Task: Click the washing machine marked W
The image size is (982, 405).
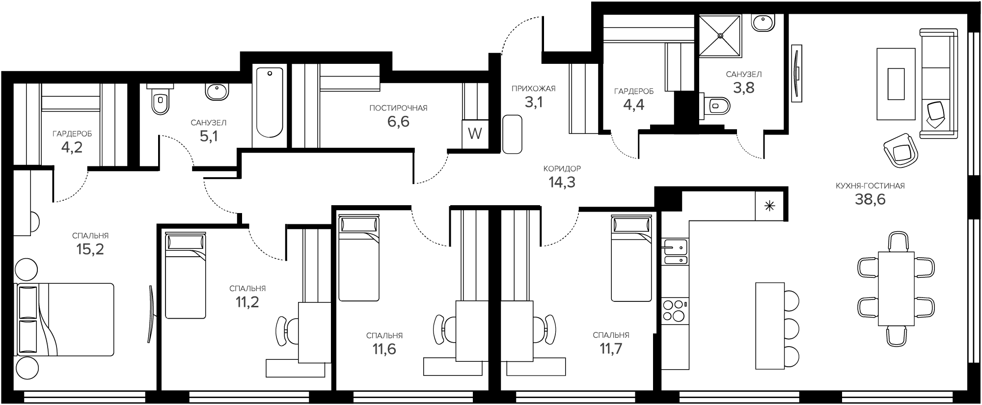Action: click(475, 134)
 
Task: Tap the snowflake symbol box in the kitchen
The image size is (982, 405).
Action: click(769, 206)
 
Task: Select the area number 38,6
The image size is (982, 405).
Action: click(870, 199)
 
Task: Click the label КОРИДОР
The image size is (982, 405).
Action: click(562, 168)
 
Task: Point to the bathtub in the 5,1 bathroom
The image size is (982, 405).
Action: click(270, 103)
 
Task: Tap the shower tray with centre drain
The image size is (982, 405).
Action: click(720, 35)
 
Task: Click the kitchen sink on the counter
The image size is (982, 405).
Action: click(675, 252)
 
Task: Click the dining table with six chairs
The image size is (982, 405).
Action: click(896, 289)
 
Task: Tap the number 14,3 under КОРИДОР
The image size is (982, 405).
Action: click(562, 183)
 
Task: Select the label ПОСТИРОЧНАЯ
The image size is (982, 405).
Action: click(398, 108)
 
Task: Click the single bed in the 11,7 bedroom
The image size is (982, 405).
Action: click(631, 259)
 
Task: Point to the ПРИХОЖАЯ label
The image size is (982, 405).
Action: click(533, 89)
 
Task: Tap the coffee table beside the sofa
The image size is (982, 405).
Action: click(896, 84)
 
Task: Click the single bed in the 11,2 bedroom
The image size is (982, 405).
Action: click(186, 276)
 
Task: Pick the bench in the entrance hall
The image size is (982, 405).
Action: click(512, 135)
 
